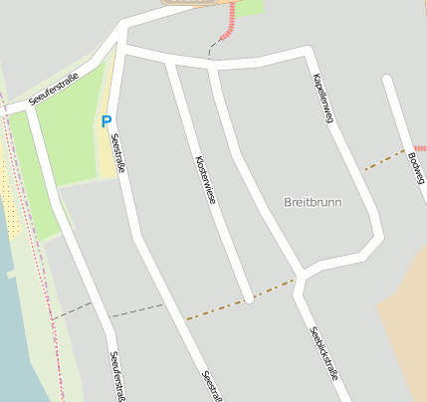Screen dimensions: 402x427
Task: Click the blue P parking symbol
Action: coord(106,121)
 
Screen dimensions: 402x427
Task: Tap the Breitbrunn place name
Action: coord(313,202)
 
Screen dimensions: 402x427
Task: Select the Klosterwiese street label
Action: coord(206,180)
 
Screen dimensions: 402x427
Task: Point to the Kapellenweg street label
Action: coord(320,99)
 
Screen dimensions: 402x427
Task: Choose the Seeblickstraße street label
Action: coord(324,350)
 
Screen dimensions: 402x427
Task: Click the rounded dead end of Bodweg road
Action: coord(388,80)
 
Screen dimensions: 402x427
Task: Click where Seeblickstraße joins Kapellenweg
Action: coord(303,272)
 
